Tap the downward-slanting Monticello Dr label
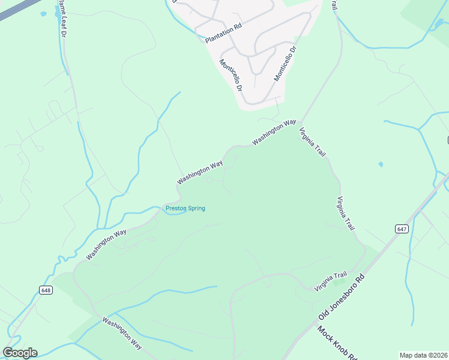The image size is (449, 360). (x=231, y=75)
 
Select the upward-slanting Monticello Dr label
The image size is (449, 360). (x=285, y=64)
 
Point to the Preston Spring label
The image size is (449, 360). (x=185, y=208)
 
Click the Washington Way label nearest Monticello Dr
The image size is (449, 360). (x=274, y=132)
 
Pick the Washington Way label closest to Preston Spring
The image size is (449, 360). (x=200, y=172)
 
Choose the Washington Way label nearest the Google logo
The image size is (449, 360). (x=122, y=333)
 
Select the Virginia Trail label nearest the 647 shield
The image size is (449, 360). (x=346, y=214)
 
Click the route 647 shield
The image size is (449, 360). (x=402, y=229)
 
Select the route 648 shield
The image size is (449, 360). (x=46, y=290)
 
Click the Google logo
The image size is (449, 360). (x=20, y=353)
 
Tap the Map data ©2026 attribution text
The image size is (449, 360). (x=423, y=355)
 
